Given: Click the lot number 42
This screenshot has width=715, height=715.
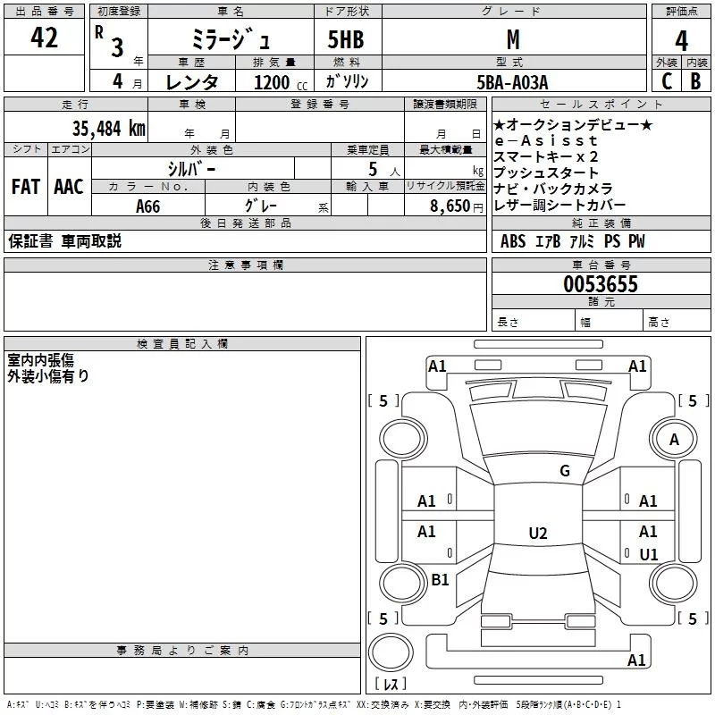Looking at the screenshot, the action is coord(44,38).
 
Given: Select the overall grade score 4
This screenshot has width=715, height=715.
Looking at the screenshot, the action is coord(681,41).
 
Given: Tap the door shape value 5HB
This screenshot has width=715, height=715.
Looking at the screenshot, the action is coord(346,39).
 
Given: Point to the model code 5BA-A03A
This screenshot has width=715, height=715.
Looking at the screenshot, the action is coord(512,82).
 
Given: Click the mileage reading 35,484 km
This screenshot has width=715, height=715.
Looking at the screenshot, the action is coord(108,129).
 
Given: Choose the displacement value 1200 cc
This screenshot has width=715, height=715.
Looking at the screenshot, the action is coord(281,82).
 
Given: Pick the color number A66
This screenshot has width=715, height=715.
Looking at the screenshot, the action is coord(148,206).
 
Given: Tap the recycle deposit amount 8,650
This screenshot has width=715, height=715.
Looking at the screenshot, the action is coord(450,206).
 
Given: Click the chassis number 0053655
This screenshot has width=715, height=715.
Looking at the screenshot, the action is coord(601,284).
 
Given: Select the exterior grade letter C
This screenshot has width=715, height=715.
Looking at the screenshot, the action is coord(667,81).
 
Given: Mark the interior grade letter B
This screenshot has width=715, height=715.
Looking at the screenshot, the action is coord(695,81).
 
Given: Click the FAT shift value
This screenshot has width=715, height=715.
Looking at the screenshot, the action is coord(26,187).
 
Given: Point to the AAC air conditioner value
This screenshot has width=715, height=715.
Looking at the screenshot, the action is coord(69,187).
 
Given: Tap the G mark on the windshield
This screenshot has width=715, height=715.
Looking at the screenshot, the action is coord(565,470).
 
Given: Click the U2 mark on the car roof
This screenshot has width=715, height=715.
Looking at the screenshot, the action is coord(538,533).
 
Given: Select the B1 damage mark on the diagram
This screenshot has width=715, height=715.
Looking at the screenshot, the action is coord(440,579).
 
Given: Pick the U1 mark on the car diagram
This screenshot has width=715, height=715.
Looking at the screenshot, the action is coord(649,554).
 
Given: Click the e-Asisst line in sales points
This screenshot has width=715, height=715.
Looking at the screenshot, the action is coord(546,140).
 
